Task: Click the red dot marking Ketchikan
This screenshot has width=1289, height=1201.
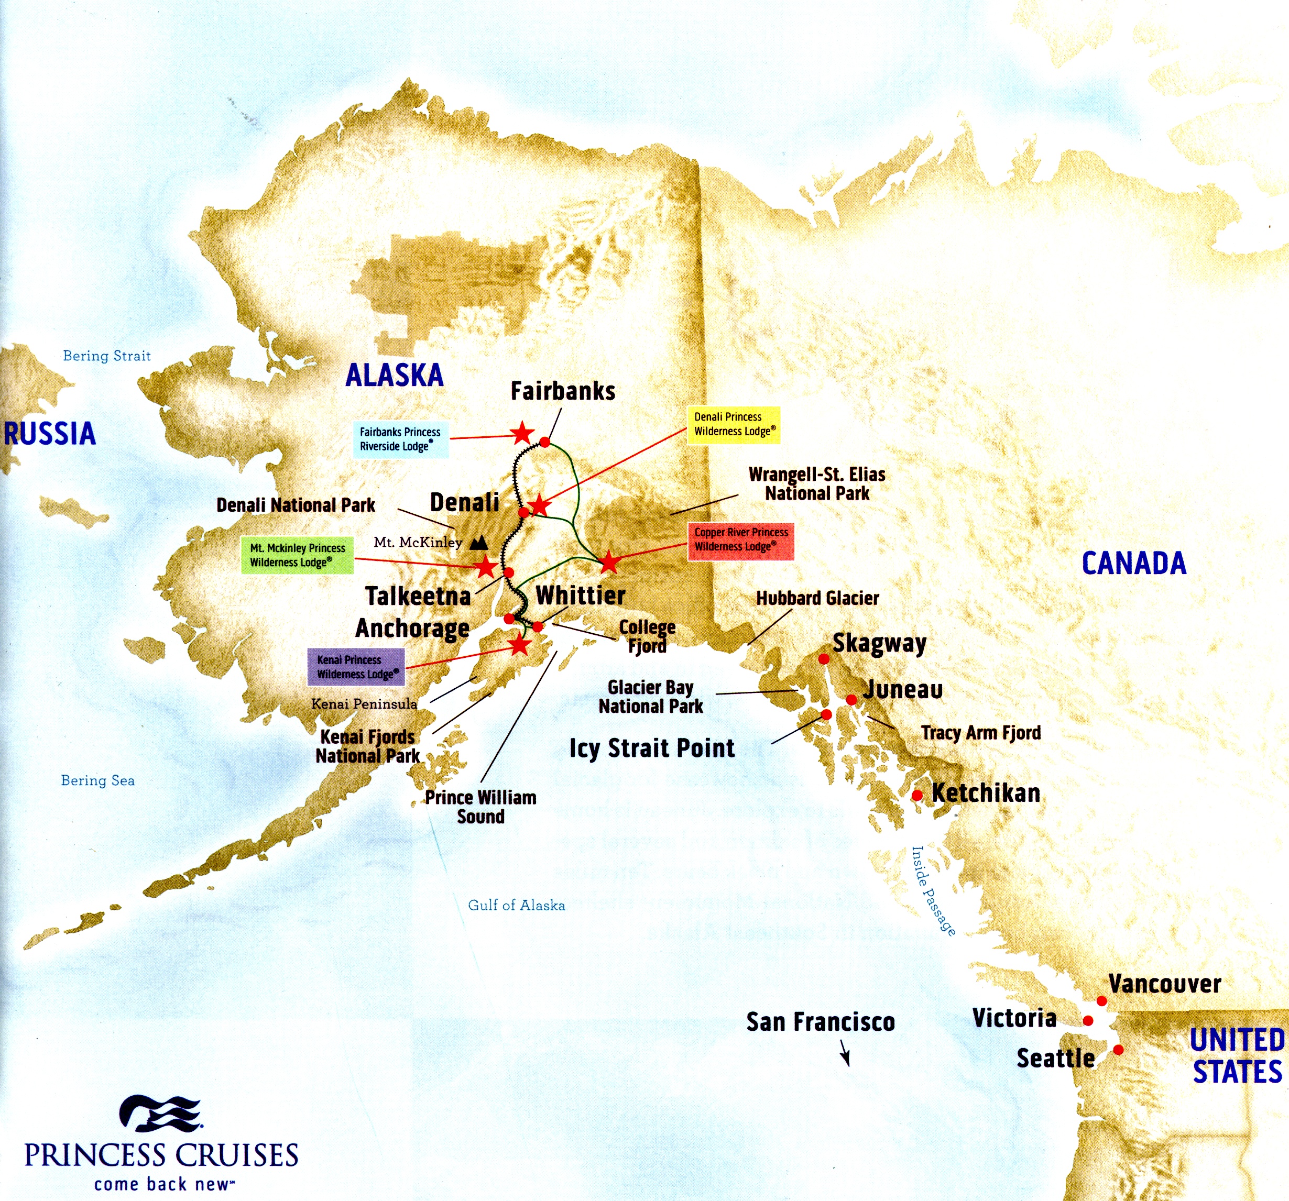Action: (x=917, y=795)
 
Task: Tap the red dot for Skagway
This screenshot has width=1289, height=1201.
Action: (x=824, y=658)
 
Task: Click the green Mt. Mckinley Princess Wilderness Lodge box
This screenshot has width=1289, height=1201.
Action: (x=297, y=555)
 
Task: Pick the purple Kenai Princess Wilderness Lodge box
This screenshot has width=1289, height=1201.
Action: (x=356, y=667)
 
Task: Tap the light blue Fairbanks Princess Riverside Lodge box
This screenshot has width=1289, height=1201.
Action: (x=400, y=439)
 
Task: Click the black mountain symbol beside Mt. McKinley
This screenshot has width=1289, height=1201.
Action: (x=478, y=542)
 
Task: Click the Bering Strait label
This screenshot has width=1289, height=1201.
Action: (x=106, y=356)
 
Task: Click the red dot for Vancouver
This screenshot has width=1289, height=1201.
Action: (x=1101, y=1001)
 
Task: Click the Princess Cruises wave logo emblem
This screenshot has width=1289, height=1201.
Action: (x=161, y=1114)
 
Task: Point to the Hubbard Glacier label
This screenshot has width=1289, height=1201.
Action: (x=817, y=598)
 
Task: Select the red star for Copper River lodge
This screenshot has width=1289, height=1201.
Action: (x=609, y=562)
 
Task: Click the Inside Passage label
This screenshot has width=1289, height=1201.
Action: (x=933, y=890)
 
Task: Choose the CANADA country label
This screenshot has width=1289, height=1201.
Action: (x=1133, y=563)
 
